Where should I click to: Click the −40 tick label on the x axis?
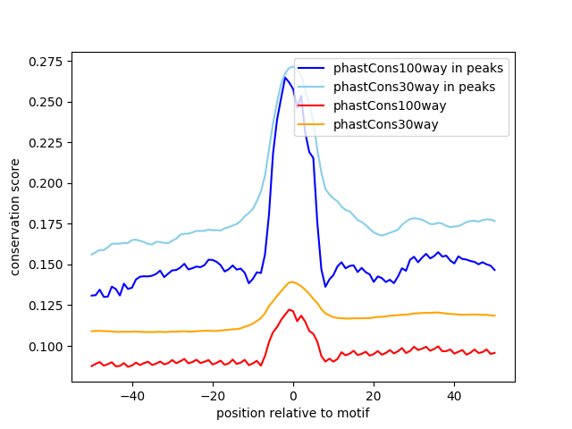click(x=132, y=394)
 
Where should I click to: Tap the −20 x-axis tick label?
click(x=213, y=394)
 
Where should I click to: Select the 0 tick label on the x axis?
click(x=293, y=394)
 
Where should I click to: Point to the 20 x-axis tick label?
click(x=374, y=394)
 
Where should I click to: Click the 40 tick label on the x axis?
click(x=454, y=394)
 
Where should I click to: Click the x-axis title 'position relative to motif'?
click(x=292, y=413)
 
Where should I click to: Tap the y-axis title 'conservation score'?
click(x=15, y=216)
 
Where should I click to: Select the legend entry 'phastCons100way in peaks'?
click(x=418, y=68)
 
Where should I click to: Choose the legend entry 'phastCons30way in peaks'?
click(x=415, y=87)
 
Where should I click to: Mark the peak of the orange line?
click(x=292, y=282)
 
